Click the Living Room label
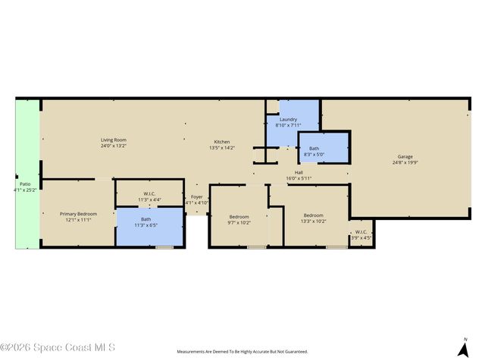pyautogui.click(x=114, y=140)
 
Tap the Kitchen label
pyautogui.click(x=221, y=142)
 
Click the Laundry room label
pyautogui.click(x=288, y=119)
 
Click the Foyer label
pyautogui.click(x=196, y=197)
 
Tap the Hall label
pyautogui.click(x=299, y=172)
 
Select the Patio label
pyautogui.click(x=24, y=184)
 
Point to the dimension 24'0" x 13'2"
pyautogui.click(x=114, y=146)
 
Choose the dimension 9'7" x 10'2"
pyautogui.click(x=239, y=222)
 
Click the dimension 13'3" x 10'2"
pyautogui.click(x=314, y=221)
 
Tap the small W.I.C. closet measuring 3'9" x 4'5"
pyautogui.click(x=361, y=234)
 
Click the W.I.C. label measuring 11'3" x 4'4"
pyautogui.click(x=149, y=197)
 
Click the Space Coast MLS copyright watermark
pyautogui.click(x=58, y=348)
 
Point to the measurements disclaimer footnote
pyautogui.click(x=242, y=352)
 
